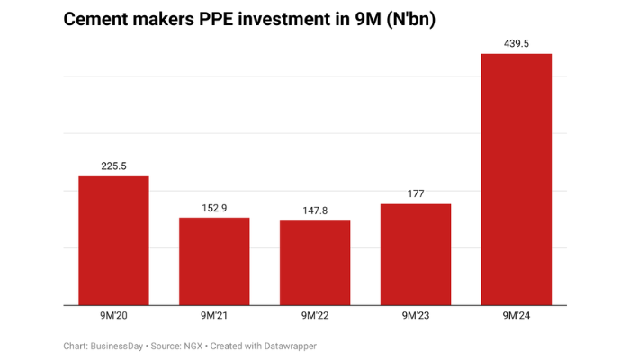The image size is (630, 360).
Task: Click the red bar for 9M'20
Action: click(x=113, y=240)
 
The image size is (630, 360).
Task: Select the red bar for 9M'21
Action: click(x=214, y=261)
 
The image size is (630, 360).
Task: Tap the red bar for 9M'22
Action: click(x=315, y=263)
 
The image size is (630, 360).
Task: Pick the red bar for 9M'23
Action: click(x=416, y=254)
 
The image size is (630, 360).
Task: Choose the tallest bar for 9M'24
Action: click(x=517, y=180)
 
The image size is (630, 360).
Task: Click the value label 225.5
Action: click(x=113, y=166)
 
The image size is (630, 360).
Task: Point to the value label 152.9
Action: click(x=214, y=208)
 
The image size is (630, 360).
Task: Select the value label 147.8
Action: click(x=315, y=211)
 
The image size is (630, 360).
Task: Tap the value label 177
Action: click(x=416, y=193)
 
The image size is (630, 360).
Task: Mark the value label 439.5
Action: click(x=517, y=43)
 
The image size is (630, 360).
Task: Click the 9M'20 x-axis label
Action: click(x=113, y=316)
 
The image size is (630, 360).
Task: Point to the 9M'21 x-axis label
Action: click(x=214, y=316)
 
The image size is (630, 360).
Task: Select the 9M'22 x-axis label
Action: click(x=315, y=316)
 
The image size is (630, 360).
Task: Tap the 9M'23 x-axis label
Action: click(x=416, y=316)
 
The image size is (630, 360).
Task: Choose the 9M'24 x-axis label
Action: click(x=517, y=316)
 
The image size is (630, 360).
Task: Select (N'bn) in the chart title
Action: click(x=410, y=20)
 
